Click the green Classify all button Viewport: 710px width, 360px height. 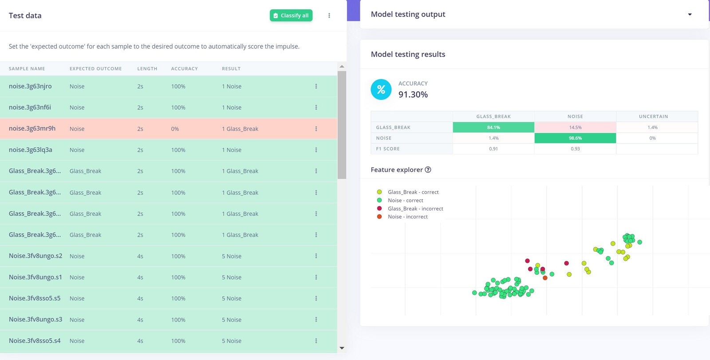click(x=291, y=16)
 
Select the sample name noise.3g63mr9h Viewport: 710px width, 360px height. click(x=32, y=129)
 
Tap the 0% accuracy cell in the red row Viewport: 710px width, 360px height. click(x=175, y=129)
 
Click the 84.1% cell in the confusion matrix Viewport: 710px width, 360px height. click(x=493, y=127)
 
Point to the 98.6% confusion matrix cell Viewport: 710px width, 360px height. click(x=575, y=138)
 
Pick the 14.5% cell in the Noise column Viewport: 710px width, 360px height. click(x=575, y=127)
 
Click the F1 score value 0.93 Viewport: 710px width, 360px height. click(x=575, y=149)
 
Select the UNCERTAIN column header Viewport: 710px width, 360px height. click(x=653, y=116)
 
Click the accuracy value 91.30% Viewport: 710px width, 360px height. click(x=413, y=95)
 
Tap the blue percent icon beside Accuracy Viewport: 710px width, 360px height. click(x=381, y=90)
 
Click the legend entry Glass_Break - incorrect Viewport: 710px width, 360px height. click(x=415, y=209)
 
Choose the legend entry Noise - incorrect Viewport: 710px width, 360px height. click(x=407, y=217)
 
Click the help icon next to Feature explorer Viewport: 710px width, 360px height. click(x=428, y=170)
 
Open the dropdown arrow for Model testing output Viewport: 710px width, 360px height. click(x=690, y=15)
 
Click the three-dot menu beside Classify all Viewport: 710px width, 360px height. click(x=329, y=16)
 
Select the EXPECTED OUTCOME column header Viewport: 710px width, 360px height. click(x=95, y=69)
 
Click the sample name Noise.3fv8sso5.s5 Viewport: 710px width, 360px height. click(x=35, y=298)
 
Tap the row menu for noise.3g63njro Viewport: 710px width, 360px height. click(x=316, y=86)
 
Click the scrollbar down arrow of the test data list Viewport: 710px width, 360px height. click(x=342, y=348)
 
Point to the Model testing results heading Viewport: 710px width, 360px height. click(x=408, y=54)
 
